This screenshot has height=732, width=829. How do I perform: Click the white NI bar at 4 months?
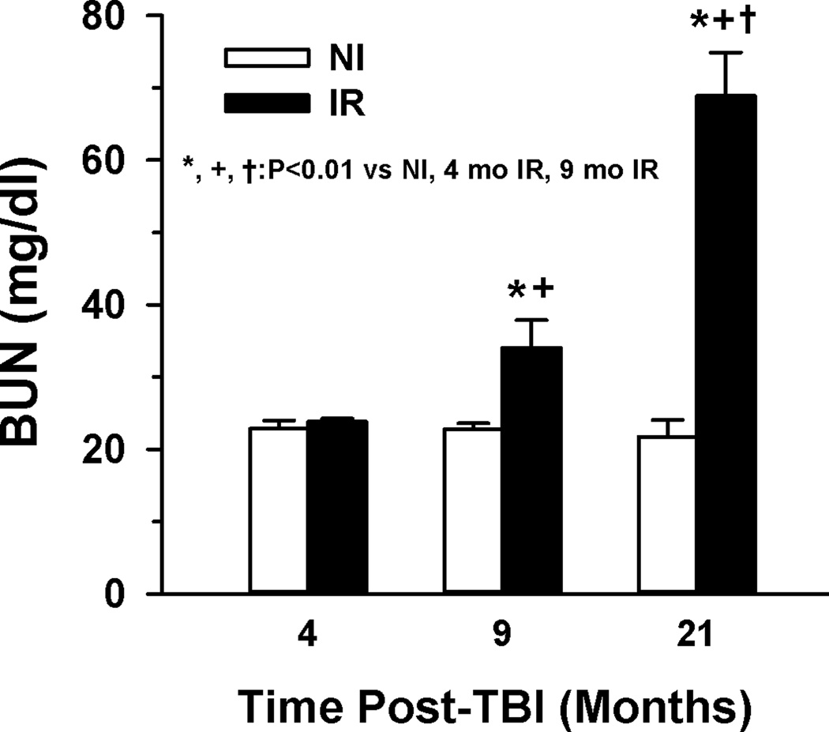pos(278,510)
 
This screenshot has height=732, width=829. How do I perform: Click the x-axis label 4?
pos(307,634)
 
